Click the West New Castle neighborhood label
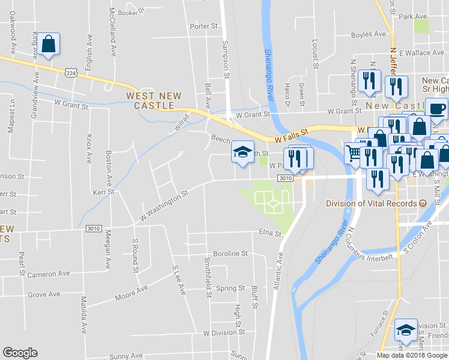149,100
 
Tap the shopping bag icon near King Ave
48,44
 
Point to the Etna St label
270,233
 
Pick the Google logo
20,353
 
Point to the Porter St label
203,26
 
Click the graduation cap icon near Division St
406,329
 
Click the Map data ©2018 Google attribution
412,355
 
